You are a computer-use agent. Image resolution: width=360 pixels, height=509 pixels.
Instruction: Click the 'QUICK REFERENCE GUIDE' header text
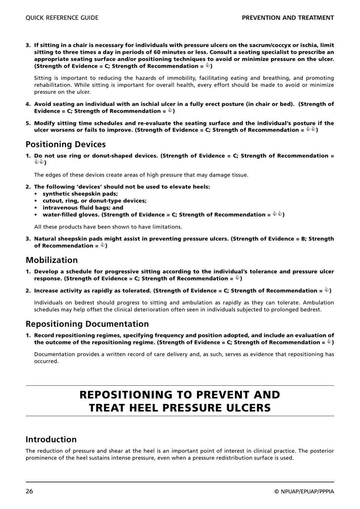click(x=62, y=18)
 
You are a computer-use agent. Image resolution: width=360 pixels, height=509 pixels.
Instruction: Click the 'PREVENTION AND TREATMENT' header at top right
click(x=288, y=18)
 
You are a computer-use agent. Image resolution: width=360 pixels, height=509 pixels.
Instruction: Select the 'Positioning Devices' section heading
click(x=66, y=145)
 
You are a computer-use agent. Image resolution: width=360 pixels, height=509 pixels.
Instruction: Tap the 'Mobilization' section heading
click(x=52, y=260)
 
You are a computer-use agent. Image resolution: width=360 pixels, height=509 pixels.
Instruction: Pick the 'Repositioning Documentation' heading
click(x=87, y=324)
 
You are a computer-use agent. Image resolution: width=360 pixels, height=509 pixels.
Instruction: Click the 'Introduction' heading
click(x=51, y=440)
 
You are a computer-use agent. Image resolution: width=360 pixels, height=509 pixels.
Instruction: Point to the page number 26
click(x=29, y=492)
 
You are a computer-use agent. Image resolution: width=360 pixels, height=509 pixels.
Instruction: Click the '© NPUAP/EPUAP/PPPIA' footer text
click(x=304, y=492)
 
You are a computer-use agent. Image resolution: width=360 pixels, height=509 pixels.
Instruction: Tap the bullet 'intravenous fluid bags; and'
click(x=83, y=208)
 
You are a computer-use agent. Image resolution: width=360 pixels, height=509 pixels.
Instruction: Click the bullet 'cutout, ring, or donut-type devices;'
click(x=94, y=201)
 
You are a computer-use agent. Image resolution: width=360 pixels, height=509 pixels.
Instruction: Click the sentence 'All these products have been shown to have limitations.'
click(x=108, y=227)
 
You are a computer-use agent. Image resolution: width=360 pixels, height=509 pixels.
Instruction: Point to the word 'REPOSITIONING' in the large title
click(x=126, y=395)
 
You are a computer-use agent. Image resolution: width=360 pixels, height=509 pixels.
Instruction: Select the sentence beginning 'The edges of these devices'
click(x=141, y=175)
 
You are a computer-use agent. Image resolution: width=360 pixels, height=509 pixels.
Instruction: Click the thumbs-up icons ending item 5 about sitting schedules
click(x=311, y=130)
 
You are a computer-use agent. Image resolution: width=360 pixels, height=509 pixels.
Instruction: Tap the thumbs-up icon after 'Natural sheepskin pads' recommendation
click(x=102, y=245)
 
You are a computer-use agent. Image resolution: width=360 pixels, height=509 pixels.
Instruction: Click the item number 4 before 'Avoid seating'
click(x=28, y=104)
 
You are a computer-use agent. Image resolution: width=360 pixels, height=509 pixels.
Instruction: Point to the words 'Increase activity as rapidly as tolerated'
click(x=92, y=291)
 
